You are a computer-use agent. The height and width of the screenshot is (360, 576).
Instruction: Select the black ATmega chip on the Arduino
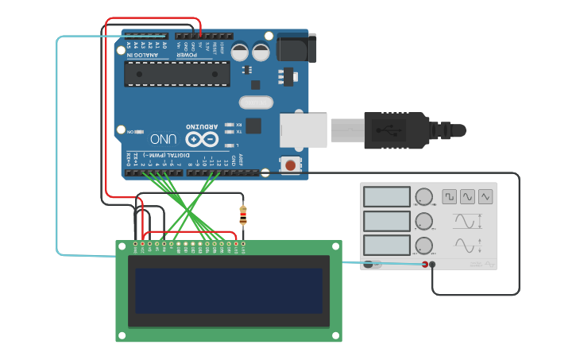pos(176,74)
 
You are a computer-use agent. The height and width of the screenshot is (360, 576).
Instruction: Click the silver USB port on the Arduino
pos(303,130)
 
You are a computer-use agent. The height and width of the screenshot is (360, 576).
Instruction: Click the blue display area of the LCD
pos(229,291)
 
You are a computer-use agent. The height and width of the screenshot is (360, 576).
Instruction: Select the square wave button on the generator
pos(450,195)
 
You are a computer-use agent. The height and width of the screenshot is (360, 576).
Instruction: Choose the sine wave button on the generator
pos(467,195)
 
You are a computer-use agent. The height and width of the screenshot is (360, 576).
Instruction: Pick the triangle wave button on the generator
pos(485,195)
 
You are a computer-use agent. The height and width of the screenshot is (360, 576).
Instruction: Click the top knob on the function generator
pos(424,196)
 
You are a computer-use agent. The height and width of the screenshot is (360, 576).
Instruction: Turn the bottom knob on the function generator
pos(424,245)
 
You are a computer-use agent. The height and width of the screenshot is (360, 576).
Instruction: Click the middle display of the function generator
pos(386,220)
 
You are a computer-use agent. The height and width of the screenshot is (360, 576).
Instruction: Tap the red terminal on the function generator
pos(425,265)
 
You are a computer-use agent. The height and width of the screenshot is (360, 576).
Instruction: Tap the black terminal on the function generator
pos(433,265)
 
